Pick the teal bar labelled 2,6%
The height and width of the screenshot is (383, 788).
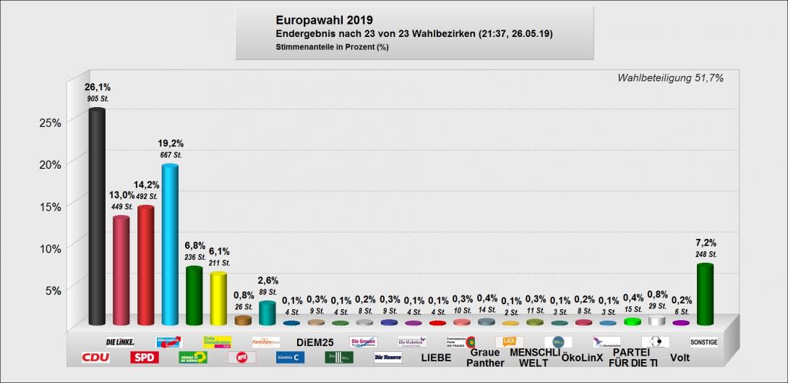point(267,313)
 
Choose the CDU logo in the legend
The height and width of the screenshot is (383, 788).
point(95,357)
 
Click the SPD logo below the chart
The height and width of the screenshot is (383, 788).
point(144,357)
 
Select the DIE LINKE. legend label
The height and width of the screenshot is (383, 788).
point(120,342)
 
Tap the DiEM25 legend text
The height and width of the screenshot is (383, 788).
point(314,342)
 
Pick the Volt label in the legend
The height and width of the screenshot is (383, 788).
point(680,357)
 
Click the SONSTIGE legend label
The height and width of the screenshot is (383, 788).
point(703,342)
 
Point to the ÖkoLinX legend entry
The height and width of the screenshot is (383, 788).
point(582,357)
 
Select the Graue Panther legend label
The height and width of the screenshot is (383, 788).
point(485,357)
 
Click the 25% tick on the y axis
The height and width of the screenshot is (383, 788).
point(50,122)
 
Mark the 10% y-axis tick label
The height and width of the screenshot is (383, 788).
point(50,248)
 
